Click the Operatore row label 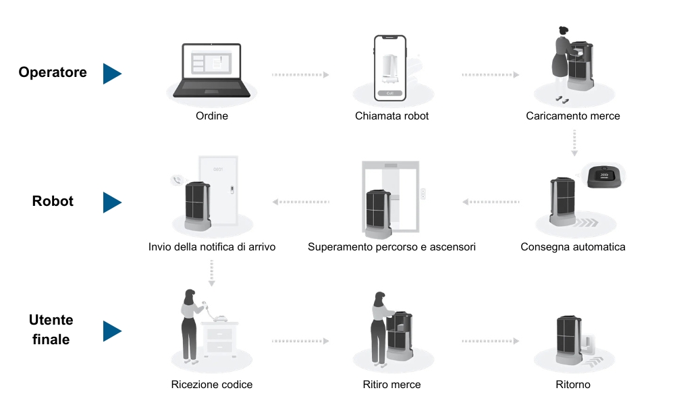53,72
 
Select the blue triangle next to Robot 112,202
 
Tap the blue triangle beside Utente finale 112,331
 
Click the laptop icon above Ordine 211,70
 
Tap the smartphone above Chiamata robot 390,68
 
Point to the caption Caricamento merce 573,116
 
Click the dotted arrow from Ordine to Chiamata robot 300,75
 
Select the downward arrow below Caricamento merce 574,143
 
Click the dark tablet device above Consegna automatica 605,176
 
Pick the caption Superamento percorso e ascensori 391,247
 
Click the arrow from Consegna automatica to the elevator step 491,202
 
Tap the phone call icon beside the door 177,180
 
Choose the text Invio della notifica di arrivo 212,247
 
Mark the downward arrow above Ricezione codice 211,273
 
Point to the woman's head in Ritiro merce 379,299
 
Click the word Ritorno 573,384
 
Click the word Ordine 212,116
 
